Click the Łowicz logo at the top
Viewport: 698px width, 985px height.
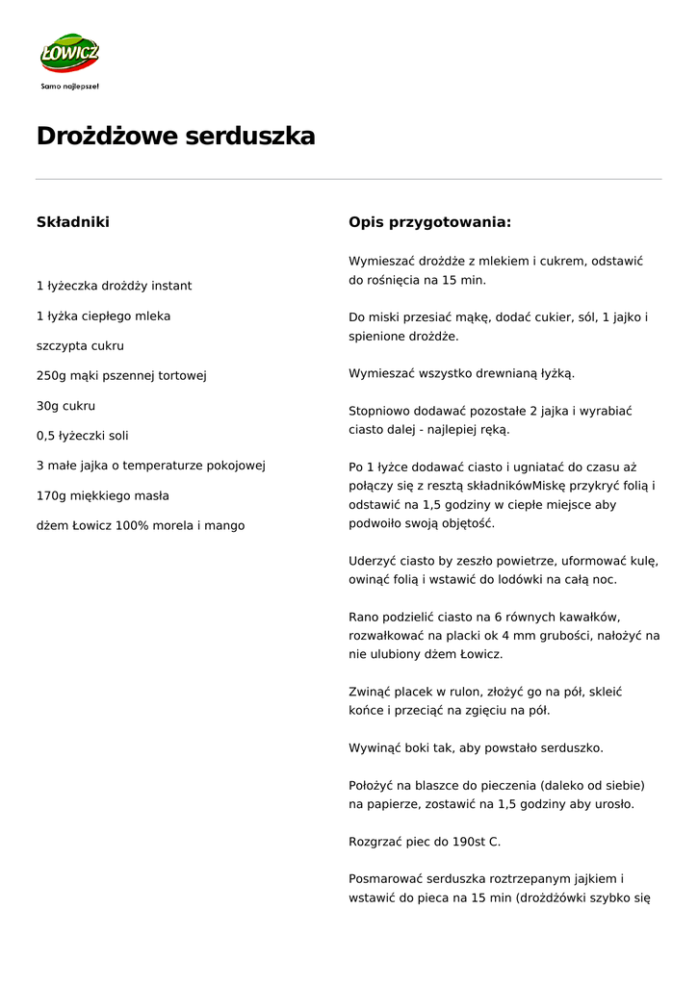69,54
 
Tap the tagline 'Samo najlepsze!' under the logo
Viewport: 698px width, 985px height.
69,86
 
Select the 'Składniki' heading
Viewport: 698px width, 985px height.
73,222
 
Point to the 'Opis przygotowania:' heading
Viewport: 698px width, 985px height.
429,222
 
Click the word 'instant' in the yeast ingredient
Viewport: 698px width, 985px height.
171,286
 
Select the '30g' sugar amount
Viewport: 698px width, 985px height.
48,406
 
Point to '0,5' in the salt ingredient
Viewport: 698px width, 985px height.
46,436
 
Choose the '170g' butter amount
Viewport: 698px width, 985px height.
52,495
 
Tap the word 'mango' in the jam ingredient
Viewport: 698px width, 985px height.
225,526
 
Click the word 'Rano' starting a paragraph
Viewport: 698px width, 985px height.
364,617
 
